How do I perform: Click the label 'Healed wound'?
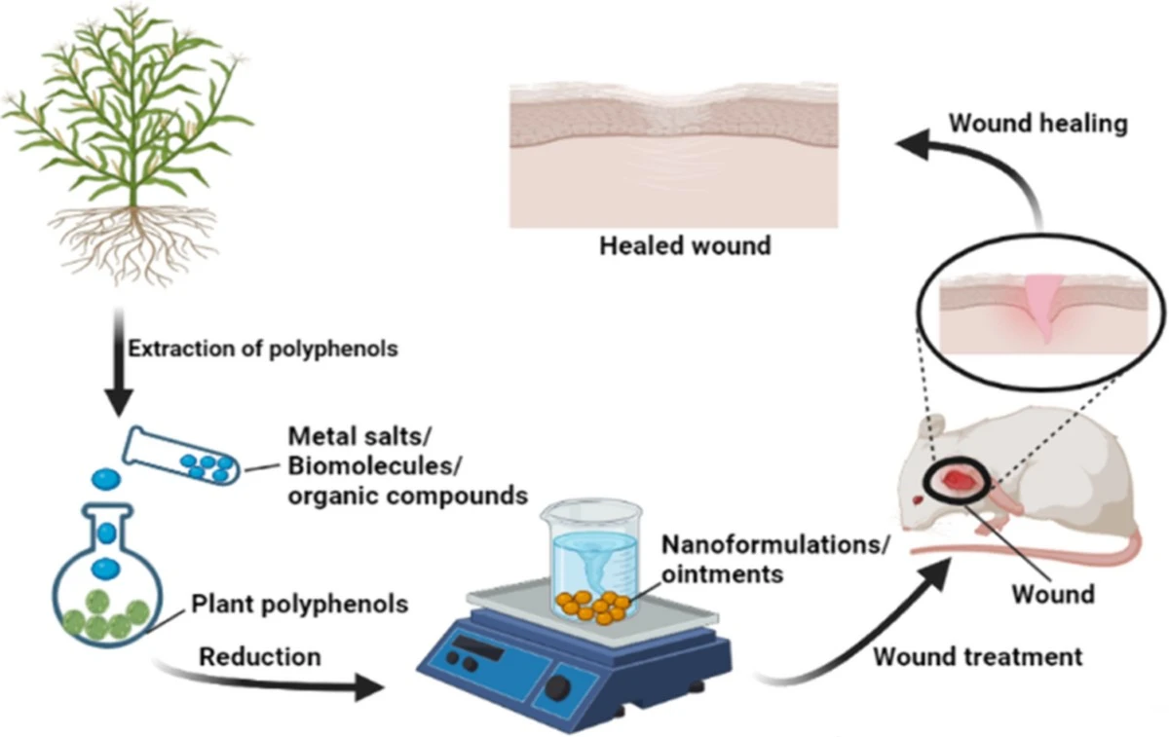point(685,244)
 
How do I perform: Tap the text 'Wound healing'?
point(1038,124)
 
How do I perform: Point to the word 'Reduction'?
point(260,657)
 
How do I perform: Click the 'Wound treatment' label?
point(977,656)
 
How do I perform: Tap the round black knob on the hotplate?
point(558,687)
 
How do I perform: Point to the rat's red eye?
point(919,500)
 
